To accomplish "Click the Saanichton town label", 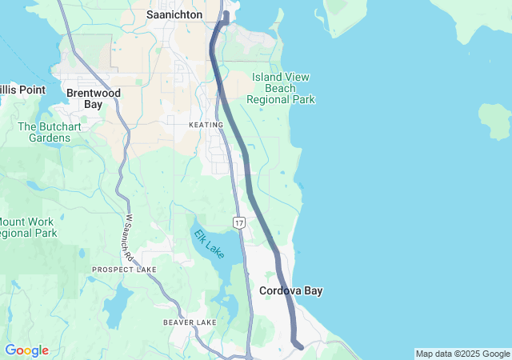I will click(174, 14).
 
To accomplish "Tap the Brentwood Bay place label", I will click(93, 98).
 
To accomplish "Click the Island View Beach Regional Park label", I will click(281, 88).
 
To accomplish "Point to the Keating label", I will click(206, 125).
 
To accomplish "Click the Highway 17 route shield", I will click(239, 221).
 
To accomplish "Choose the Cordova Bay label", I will click(291, 291).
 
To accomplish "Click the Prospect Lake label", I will click(124, 270).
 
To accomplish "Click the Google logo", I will click(26, 350).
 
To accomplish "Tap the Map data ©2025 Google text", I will click(462, 354).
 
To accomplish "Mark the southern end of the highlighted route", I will click(299, 346).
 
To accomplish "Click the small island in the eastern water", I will click(495, 120).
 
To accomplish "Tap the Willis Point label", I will click(22, 90).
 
